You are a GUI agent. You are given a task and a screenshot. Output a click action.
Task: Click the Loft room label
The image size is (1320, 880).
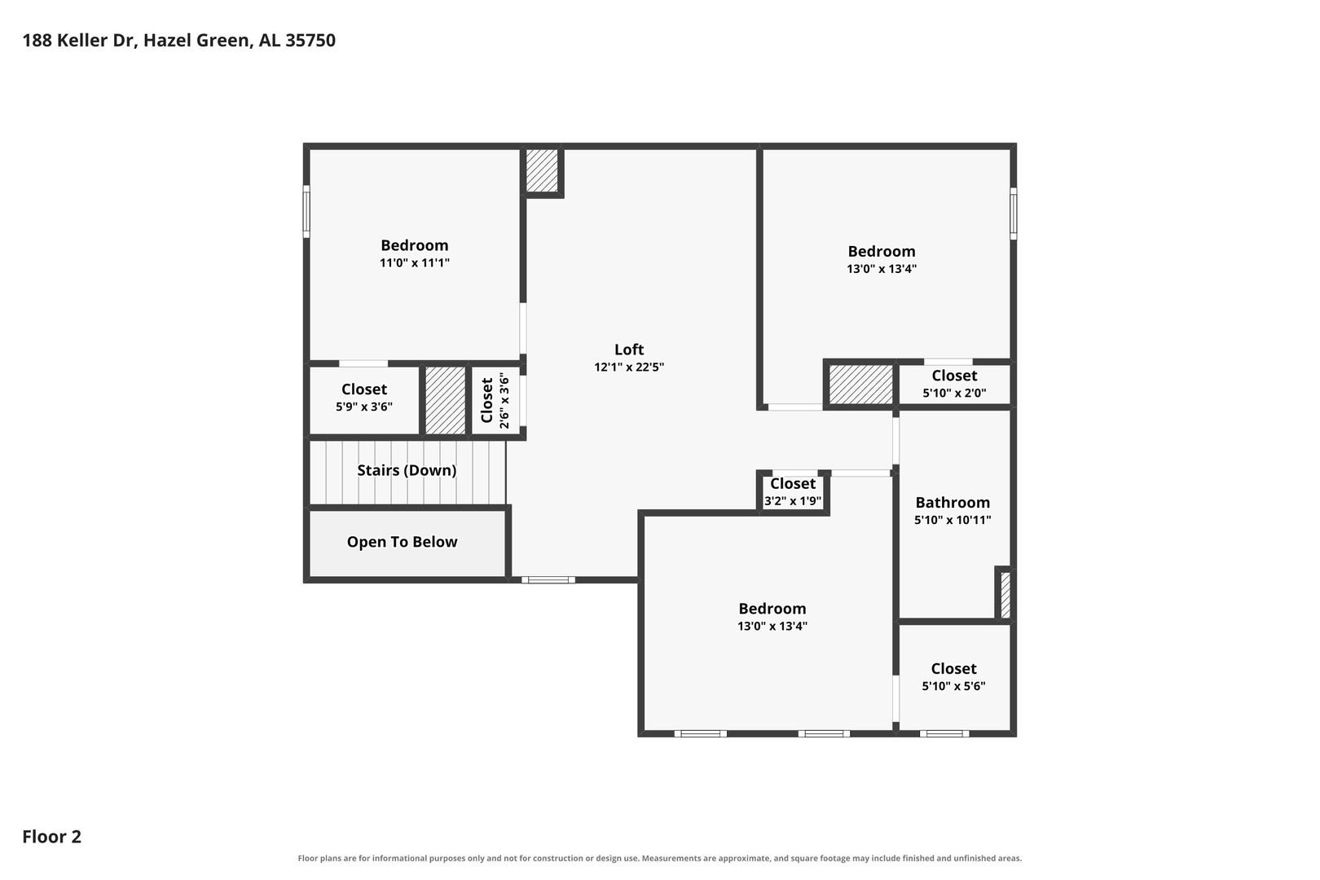[x=629, y=350]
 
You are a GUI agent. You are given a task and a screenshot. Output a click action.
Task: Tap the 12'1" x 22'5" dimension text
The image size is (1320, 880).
[x=629, y=367]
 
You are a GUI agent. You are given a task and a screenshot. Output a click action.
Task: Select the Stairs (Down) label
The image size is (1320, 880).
[x=407, y=470]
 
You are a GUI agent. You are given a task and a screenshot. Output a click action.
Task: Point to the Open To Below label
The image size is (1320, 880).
[x=402, y=542]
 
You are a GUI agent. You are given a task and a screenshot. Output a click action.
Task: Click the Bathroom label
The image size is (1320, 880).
[x=953, y=503]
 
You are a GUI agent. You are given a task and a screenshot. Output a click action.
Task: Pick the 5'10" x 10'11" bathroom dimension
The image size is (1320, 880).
[x=953, y=520]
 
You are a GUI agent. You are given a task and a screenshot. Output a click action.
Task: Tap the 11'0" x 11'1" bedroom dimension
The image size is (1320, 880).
[x=414, y=263]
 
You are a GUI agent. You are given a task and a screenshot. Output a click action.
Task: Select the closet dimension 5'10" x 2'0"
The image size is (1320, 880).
[x=954, y=393]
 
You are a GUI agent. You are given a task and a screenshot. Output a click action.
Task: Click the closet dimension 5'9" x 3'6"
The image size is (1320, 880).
[x=364, y=407]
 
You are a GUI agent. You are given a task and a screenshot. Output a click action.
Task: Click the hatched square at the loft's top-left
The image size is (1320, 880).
[x=542, y=171]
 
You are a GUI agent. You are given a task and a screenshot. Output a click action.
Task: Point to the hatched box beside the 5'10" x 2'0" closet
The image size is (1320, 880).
[x=861, y=385]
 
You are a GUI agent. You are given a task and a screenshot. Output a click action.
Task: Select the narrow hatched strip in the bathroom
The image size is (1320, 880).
[x=1005, y=595]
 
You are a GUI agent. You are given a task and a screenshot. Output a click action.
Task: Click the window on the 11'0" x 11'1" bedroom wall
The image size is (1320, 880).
[x=306, y=212]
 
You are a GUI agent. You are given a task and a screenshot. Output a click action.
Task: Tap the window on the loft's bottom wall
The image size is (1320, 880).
[x=548, y=580]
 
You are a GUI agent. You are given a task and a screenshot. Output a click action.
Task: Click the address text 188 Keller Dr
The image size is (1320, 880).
[x=80, y=40]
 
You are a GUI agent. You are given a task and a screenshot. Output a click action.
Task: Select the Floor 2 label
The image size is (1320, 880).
[x=52, y=836]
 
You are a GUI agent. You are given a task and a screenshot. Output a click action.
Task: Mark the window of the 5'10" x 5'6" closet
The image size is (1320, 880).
[x=944, y=734]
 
